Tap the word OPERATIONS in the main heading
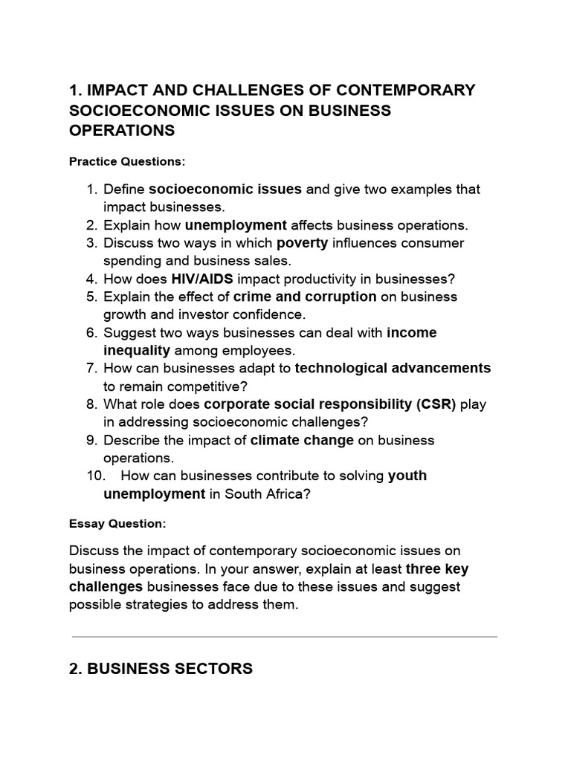pyautogui.click(x=122, y=131)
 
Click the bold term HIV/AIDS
pyautogui.click(x=203, y=279)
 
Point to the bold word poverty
pyautogui.click(x=302, y=243)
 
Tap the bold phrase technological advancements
pyautogui.click(x=393, y=368)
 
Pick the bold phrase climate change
pyautogui.click(x=302, y=440)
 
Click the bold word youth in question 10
pyautogui.click(x=407, y=476)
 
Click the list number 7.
pyautogui.click(x=91, y=368)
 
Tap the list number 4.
pyautogui.click(x=91, y=279)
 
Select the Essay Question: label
pyautogui.click(x=117, y=524)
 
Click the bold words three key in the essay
pyautogui.click(x=437, y=569)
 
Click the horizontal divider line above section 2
pyautogui.click(x=285, y=637)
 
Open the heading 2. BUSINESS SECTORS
pyautogui.click(x=161, y=669)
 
